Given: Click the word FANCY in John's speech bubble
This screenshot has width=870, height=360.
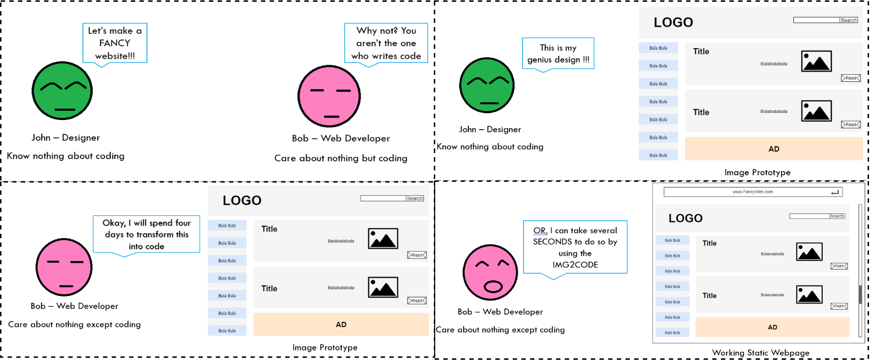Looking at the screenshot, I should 114,43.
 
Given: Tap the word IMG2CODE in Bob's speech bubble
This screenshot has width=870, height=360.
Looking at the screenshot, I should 575,265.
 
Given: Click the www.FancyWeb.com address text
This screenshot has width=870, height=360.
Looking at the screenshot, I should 752,192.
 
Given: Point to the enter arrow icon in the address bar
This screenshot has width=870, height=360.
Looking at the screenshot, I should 835,192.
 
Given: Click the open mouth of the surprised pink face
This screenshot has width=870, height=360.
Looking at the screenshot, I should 493,287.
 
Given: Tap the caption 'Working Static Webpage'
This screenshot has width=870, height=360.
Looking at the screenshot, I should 761,353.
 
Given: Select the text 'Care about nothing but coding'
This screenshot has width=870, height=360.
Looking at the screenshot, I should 341,158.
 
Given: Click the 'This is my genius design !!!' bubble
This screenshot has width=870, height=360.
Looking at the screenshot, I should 558,53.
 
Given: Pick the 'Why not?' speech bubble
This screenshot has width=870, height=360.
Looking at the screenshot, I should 386,43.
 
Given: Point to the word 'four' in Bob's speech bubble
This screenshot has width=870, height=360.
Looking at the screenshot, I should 183,223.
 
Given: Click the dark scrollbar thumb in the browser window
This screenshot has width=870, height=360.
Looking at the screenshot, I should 860,294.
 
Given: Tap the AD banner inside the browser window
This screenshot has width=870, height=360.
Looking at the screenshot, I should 772,327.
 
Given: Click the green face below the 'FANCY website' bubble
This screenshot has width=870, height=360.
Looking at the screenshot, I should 62,91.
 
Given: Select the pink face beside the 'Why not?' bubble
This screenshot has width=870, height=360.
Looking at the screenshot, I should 329,96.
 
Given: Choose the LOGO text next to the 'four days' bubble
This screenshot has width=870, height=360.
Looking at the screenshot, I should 242,200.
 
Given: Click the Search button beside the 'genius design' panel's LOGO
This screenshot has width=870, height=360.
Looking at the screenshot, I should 848,20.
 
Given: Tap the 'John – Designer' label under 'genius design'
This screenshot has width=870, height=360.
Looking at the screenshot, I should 490,129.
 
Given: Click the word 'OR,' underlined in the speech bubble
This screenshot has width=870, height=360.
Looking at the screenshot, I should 540,230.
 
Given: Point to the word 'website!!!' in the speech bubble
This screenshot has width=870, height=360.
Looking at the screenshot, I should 115,56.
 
